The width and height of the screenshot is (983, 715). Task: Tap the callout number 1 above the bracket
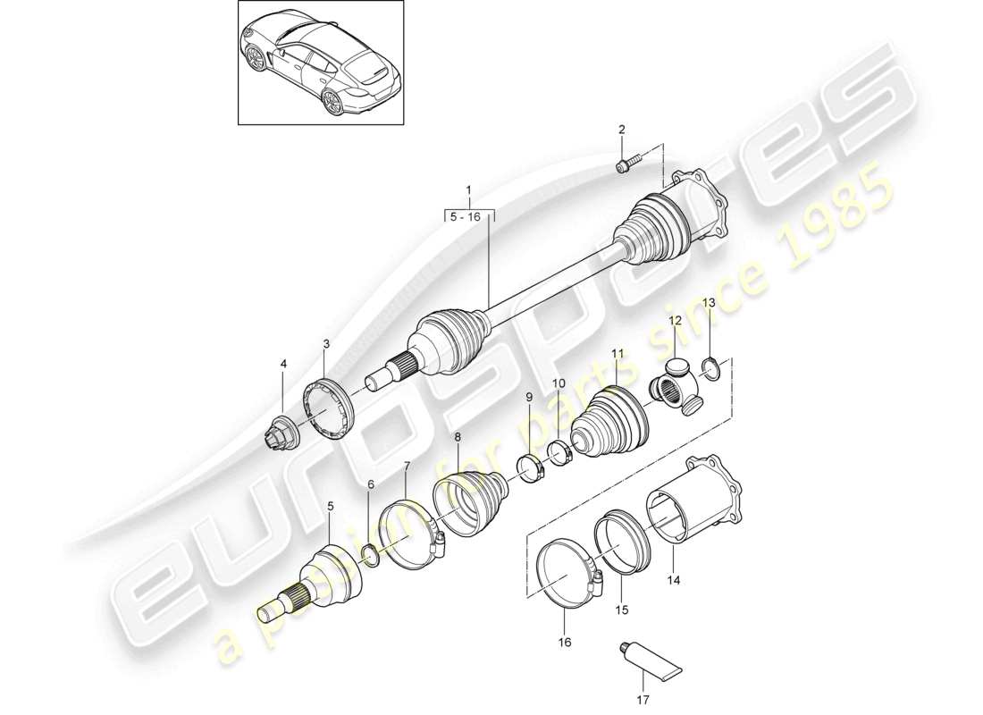click(469, 189)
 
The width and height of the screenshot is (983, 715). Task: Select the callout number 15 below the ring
click(622, 610)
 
